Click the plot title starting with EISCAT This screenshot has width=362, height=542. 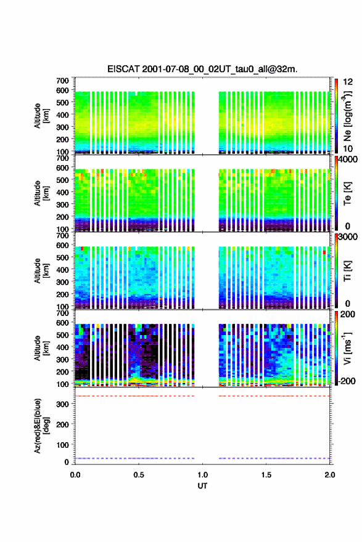point(202,69)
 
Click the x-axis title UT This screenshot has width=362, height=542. point(202,486)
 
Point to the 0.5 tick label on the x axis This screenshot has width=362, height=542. point(139,475)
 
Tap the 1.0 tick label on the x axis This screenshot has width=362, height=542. point(202,475)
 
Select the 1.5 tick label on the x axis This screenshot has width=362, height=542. point(266,475)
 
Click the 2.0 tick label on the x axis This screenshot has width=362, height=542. point(329,475)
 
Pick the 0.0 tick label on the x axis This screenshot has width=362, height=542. point(75,475)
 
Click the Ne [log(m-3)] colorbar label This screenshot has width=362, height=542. point(347,115)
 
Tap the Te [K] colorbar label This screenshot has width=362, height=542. point(347,193)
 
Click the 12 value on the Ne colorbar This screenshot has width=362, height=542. point(348,82)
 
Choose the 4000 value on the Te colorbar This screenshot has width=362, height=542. point(347,160)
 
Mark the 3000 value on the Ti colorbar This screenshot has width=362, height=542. point(347,237)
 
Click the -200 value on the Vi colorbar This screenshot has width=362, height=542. point(346,381)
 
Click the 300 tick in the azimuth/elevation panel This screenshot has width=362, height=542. point(63,404)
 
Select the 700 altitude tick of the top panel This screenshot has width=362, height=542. point(63,81)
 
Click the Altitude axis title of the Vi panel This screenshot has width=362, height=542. point(42,348)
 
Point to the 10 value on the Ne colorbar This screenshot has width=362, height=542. point(348,148)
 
